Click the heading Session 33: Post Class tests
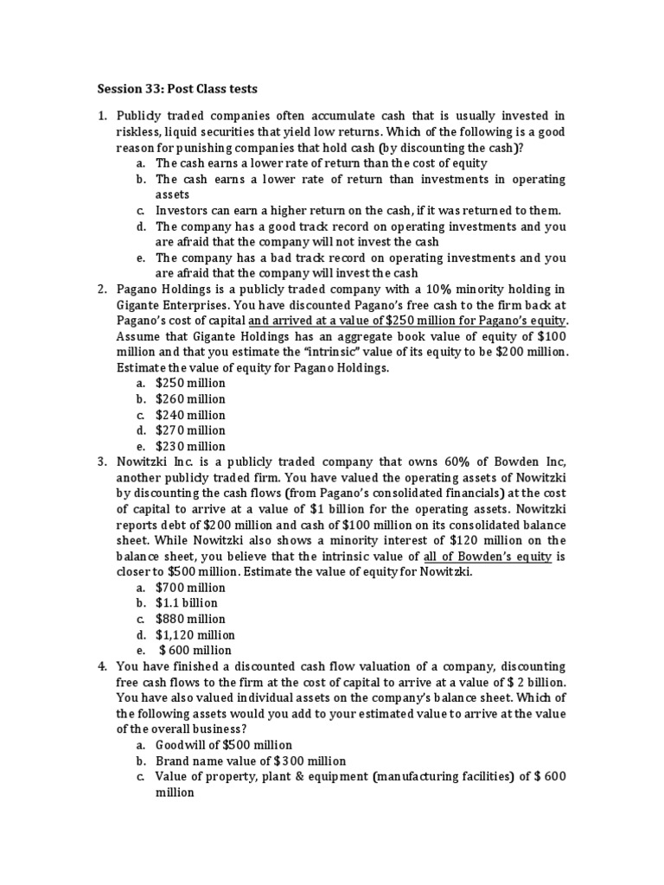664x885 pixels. point(177,88)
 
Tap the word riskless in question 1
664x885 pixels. point(139,131)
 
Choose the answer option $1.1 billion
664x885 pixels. point(187,603)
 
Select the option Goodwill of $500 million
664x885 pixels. point(224,745)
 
